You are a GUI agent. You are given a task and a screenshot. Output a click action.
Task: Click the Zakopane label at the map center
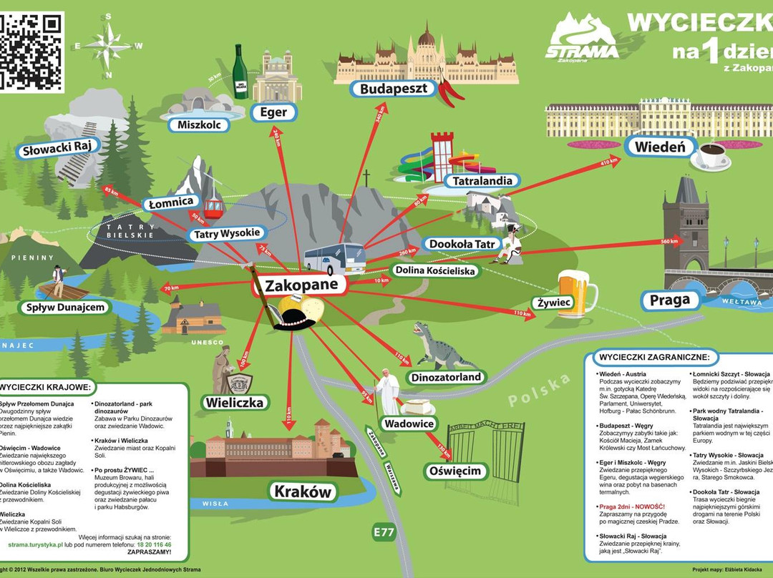(x=300, y=285)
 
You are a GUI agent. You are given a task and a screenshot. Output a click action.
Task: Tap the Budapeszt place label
(x=393, y=89)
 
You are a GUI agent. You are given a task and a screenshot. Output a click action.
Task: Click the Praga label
(x=670, y=300)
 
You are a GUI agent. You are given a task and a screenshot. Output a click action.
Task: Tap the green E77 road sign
(x=384, y=533)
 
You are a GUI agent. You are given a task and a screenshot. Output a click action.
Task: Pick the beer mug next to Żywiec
(x=577, y=293)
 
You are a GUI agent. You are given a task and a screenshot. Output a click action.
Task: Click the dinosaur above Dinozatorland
(x=436, y=346)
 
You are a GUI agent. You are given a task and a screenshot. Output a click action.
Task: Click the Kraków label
(x=303, y=491)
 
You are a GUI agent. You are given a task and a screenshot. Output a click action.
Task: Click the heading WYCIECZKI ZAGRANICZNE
(x=654, y=357)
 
